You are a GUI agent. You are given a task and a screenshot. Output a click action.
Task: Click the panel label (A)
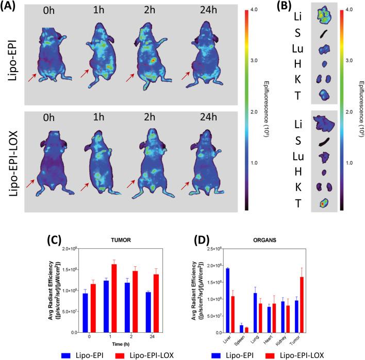coord(11,8)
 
